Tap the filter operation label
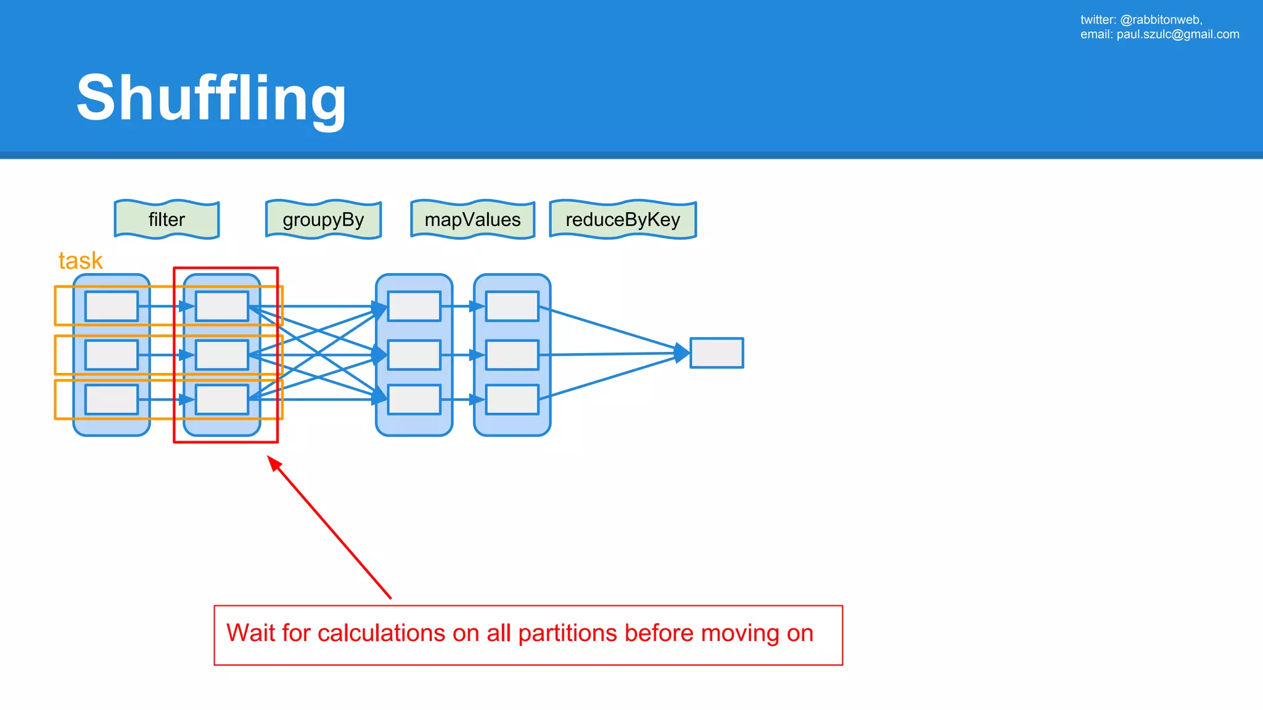tap(167, 219)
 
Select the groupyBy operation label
tap(323, 219)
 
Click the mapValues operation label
tap(472, 219)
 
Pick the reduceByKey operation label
tap(623, 219)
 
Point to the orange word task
tap(80, 261)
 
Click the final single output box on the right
tap(717, 353)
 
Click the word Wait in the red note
tap(250, 634)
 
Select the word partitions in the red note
tap(567, 634)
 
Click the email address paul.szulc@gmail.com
tap(1178, 35)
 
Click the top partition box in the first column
tap(112, 306)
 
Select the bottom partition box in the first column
tap(112, 400)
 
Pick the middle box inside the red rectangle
tap(222, 355)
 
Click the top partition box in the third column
tap(414, 306)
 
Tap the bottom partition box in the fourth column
tap(512, 400)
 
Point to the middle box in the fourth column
tap(512, 355)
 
